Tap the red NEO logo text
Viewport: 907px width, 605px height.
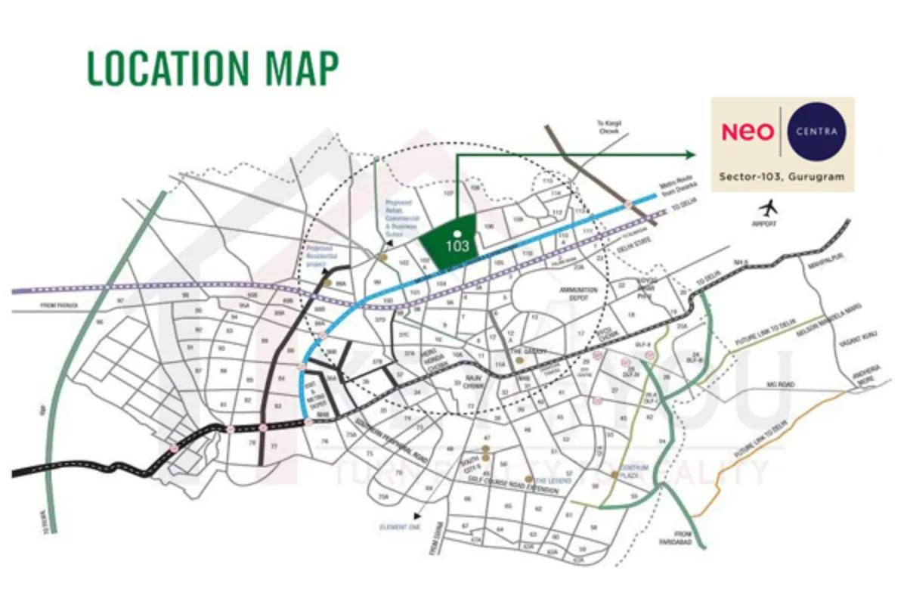pyautogui.click(x=748, y=132)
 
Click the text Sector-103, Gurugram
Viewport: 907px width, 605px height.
pyautogui.click(x=782, y=177)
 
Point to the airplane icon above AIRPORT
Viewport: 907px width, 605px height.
pyautogui.click(x=769, y=206)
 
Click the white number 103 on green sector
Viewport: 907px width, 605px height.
pyautogui.click(x=457, y=246)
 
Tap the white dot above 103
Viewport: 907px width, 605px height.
pyautogui.click(x=457, y=234)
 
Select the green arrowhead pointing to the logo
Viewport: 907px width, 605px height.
pyautogui.click(x=689, y=155)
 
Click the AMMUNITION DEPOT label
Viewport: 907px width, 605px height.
pyautogui.click(x=578, y=293)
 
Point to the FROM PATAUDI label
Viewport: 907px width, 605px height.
pyautogui.click(x=60, y=305)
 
